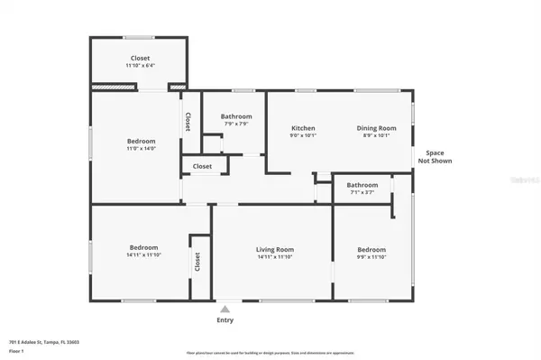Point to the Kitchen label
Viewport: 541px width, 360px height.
302,128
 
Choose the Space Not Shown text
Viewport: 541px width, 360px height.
438,157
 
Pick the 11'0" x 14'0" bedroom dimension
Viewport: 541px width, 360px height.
141,149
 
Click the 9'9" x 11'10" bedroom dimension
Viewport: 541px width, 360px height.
371,257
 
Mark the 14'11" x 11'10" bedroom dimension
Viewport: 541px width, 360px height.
143,255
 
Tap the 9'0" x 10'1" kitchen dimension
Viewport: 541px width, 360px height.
302,136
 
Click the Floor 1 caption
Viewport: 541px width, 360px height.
15,350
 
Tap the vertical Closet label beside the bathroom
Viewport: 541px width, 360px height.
188,122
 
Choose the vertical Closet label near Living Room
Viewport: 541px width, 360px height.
197,262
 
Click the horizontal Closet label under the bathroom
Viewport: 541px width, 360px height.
202,166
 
